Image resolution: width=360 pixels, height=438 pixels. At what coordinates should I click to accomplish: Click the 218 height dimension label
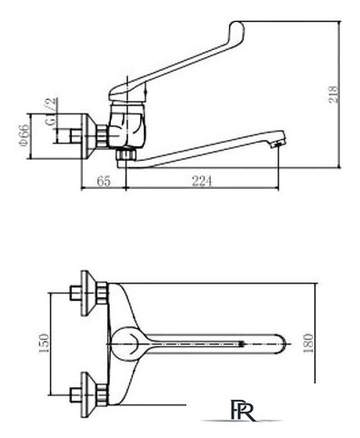[x=333, y=95]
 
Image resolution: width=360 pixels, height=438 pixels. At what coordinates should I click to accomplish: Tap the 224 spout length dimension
[x=202, y=182]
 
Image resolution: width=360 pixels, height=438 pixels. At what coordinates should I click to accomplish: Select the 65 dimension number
[x=104, y=182]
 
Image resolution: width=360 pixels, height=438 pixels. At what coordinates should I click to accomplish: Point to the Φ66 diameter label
[x=25, y=135]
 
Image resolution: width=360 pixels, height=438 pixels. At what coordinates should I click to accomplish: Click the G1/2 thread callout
[x=51, y=112]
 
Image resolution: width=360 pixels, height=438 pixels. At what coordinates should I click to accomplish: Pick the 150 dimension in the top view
[x=45, y=343]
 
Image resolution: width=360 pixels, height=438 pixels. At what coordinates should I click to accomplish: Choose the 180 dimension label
[x=308, y=343]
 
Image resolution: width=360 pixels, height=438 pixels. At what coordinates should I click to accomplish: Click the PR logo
[x=243, y=410]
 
